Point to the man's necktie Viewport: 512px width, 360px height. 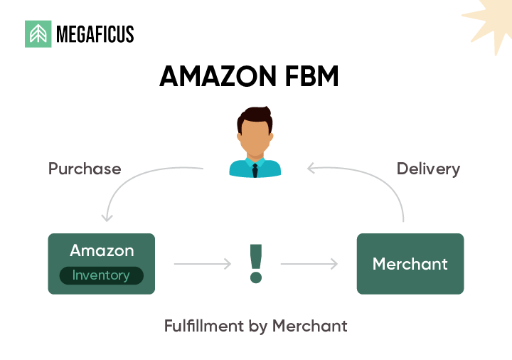tap(255, 169)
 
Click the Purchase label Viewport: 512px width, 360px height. tap(85, 169)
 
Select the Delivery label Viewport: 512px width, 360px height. tap(428, 169)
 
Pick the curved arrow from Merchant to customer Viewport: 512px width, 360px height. tap(377, 181)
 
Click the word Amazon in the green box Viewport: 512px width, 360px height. tap(102, 250)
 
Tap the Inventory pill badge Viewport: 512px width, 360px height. tap(101, 275)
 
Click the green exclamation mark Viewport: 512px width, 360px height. tap(255, 263)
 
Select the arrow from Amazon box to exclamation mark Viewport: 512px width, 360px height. tap(203, 264)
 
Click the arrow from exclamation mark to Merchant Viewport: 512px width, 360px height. tap(309, 264)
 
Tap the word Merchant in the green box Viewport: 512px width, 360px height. tap(410, 264)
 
